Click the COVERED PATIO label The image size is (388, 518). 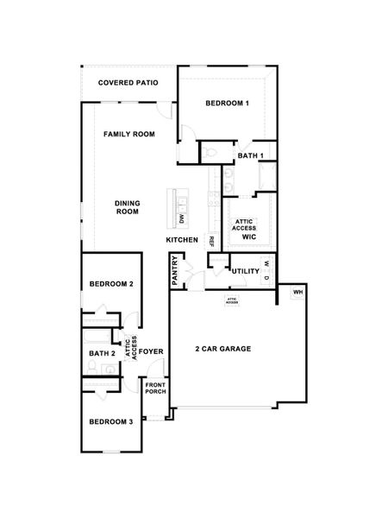tap(128, 84)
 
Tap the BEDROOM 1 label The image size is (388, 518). tap(227, 104)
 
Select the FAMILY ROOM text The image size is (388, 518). tap(128, 135)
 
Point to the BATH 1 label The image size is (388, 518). tap(250, 155)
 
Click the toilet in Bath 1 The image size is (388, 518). tap(210, 153)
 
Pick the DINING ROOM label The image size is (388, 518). tap(127, 207)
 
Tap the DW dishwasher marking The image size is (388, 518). tap(182, 220)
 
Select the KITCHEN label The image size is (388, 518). tap(182, 239)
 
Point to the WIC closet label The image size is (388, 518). tap(249, 236)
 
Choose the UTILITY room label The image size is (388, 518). tap(245, 271)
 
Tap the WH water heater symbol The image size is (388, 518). tap(297, 293)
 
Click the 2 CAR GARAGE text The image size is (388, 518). tap(223, 349)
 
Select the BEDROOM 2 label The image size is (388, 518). tap(111, 284)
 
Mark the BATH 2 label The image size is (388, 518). tap(102, 353)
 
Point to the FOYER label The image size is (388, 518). tap(153, 351)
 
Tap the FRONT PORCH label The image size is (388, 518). tap(155, 388)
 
